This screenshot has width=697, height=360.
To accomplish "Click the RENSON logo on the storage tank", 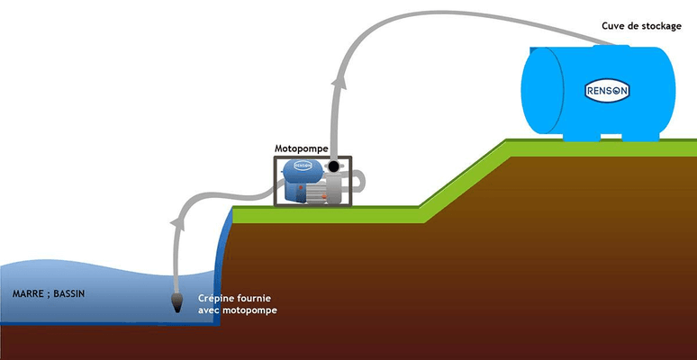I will click(609, 91).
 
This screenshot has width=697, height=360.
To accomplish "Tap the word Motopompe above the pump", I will click(301, 147).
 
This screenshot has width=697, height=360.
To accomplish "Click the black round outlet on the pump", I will click(334, 167).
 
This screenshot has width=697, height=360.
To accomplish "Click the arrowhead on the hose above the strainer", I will click(176, 221).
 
